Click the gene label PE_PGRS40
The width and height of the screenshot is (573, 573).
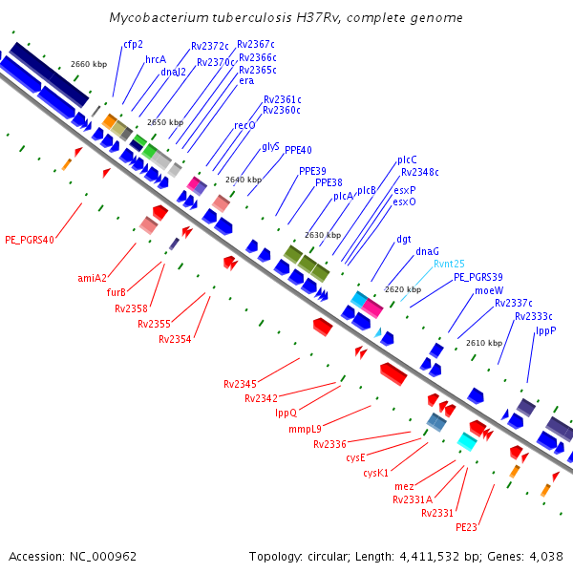click(30, 240)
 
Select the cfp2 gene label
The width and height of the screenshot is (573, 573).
click(133, 44)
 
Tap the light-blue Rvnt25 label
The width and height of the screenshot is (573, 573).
click(449, 264)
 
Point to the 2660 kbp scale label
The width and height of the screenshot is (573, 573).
click(89, 64)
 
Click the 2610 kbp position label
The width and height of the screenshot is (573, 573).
click(484, 343)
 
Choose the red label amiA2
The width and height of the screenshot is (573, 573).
click(93, 278)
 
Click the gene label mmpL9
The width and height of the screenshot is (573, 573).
click(306, 428)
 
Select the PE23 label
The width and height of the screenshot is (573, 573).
click(466, 526)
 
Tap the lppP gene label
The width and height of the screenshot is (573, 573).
click(545, 330)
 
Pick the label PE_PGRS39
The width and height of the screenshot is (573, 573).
click(478, 277)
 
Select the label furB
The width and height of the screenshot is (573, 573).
click(117, 293)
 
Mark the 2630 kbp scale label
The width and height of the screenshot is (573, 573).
click(323, 235)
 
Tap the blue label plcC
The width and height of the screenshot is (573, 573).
click(407, 159)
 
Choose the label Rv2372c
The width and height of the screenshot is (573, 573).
click(210, 46)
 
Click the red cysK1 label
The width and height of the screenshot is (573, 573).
click(376, 473)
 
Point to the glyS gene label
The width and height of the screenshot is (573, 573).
click(270, 147)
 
